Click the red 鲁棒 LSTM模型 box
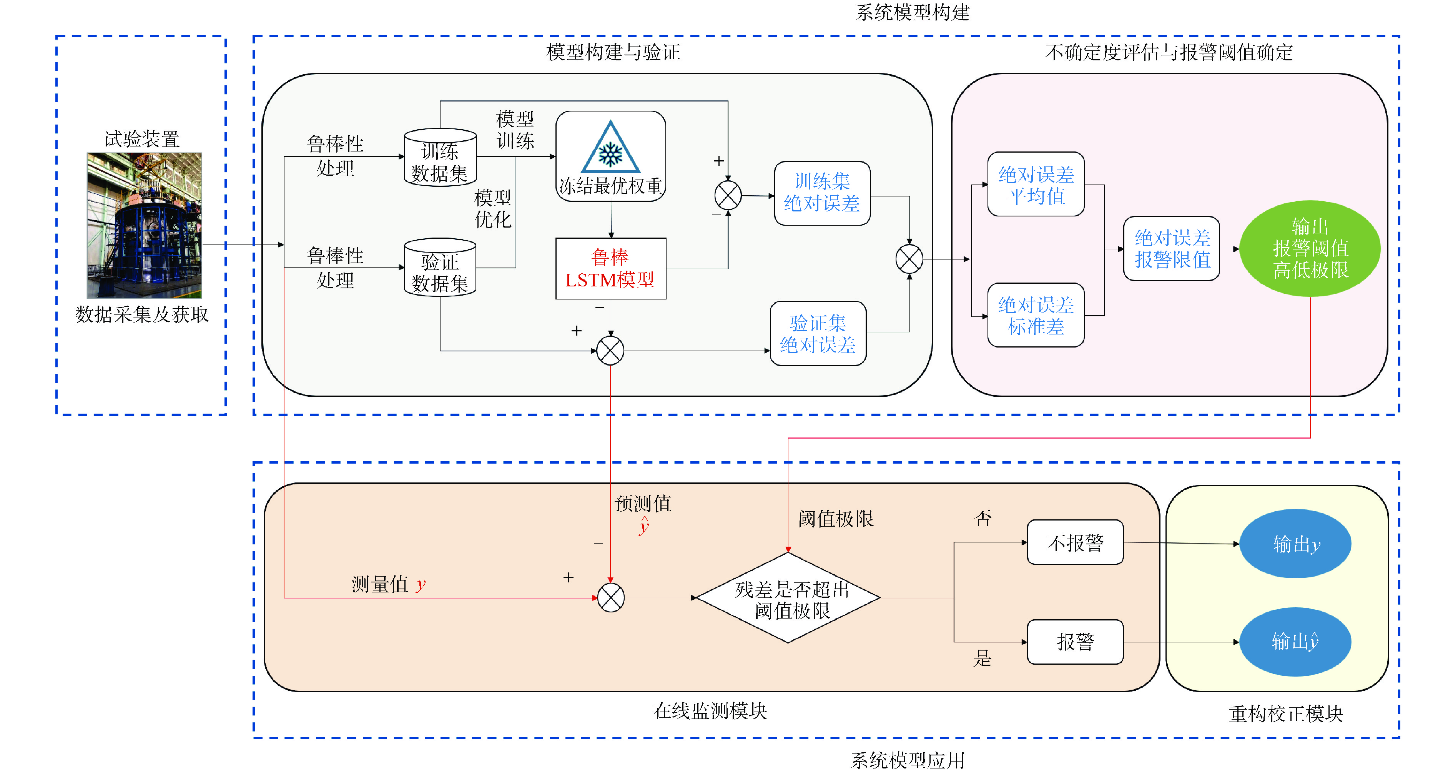[610, 268]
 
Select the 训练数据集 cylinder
[440, 158]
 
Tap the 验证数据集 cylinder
[440, 268]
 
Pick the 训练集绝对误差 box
[822, 193]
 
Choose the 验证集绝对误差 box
[818, 333]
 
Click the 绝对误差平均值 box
[1036, 184]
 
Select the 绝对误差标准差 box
[1036, 315]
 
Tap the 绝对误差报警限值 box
[1172, 249]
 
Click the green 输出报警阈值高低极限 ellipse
[1310, 249]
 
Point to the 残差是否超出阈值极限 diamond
[788, 598]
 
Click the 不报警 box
[1075, 543]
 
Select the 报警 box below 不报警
[1075, 642]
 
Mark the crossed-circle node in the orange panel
[610, 598]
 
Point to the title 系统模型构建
[912, 12]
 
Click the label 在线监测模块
[710, 711]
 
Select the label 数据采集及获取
[142, 314]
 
